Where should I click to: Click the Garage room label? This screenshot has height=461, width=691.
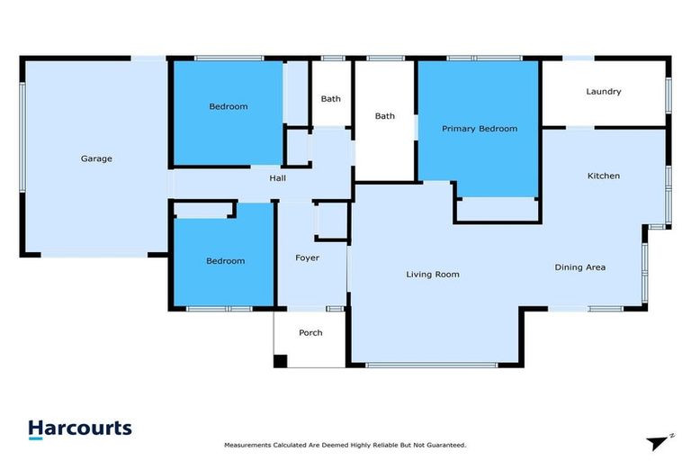click(96, 158)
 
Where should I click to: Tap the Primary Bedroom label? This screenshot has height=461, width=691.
click(479, 129)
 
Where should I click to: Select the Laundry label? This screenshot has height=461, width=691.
click(603, 92)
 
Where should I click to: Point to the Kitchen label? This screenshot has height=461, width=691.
click(603, 176)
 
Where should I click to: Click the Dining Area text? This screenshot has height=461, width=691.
click(579, 267)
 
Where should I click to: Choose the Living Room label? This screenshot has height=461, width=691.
click(433, 275)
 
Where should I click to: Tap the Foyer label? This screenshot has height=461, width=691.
click(308, 258)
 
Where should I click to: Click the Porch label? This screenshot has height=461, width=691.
click(310, 333)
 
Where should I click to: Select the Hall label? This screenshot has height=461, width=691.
click(278, 178)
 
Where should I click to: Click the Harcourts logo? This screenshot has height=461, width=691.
click(80, 429)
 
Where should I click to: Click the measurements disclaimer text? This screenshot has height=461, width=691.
click(345, 446)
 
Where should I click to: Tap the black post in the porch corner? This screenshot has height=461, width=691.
click(280, 361)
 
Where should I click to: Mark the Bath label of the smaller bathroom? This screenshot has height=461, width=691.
click(330, 98)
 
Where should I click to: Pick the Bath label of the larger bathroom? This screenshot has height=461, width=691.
click(384, 116)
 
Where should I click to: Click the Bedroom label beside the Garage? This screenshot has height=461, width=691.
click(228, 107)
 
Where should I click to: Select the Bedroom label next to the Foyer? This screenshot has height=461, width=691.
click(225, 261)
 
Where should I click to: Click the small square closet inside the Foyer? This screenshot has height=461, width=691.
click(330, 221)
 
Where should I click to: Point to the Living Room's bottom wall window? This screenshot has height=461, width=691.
click(432, 365)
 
